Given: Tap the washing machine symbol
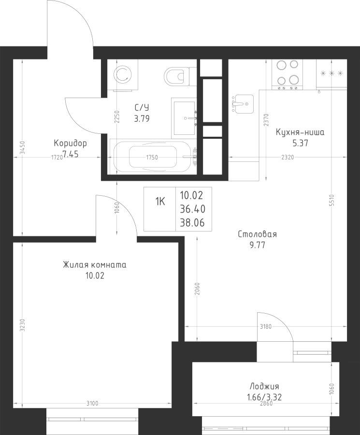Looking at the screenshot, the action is pos(123,75).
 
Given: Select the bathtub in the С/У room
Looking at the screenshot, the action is pos(153,157).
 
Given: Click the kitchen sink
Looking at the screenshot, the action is pos(243,104).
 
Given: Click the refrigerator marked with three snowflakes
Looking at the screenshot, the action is pos(331,74).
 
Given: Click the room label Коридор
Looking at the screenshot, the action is pos(70,143).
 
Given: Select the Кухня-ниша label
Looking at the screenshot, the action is pos(300,132).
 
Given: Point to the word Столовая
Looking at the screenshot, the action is pos(258,234).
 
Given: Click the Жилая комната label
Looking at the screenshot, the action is pos(95,265).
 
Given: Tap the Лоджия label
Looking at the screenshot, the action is pos(264,386).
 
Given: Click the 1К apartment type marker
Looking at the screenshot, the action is pos(160,202).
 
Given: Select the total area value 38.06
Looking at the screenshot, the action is pos(192,222).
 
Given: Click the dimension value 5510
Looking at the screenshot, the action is pos(333,200).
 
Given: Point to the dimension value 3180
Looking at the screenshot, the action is pos(265,327).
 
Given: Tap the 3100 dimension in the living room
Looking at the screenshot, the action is pos(92,404).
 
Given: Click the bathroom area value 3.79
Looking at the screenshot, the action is pos(142,119).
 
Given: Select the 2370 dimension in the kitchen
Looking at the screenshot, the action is pos(266,120).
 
